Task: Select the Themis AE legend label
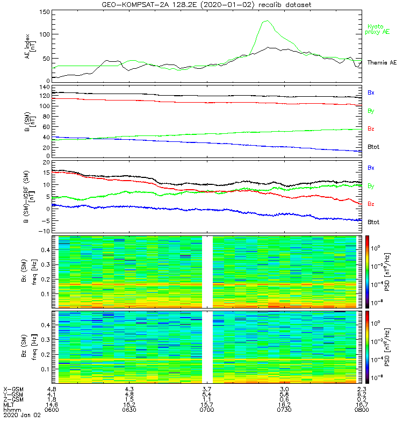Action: tap(381, 63)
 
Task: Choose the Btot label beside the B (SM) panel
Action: tap(373, 146)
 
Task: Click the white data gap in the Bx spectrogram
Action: tap(207, 271)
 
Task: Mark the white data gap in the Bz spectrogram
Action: tap(207, 347)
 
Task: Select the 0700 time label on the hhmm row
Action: tap(207, 410)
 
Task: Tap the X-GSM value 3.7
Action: tap(207, 389)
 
